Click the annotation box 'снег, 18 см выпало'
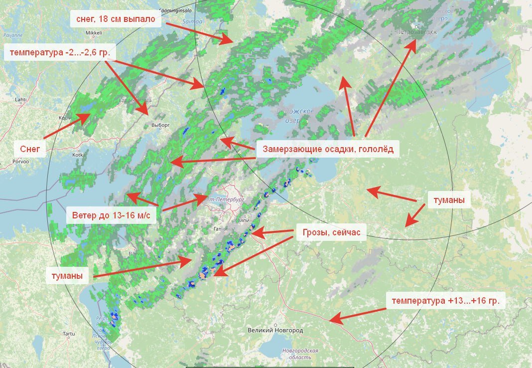pos(116,20)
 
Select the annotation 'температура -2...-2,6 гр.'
pos(60,51)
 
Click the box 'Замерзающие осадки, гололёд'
pos(328,149)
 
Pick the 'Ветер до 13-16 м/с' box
pos(111,215)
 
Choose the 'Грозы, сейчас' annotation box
pos(331,232)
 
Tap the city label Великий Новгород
pos(275,331)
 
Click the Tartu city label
pos(69,333)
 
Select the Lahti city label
pos(20,100)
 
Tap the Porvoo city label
pos(22,162)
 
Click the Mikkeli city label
pos(94,33)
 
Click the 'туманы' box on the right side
pos(449,200)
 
